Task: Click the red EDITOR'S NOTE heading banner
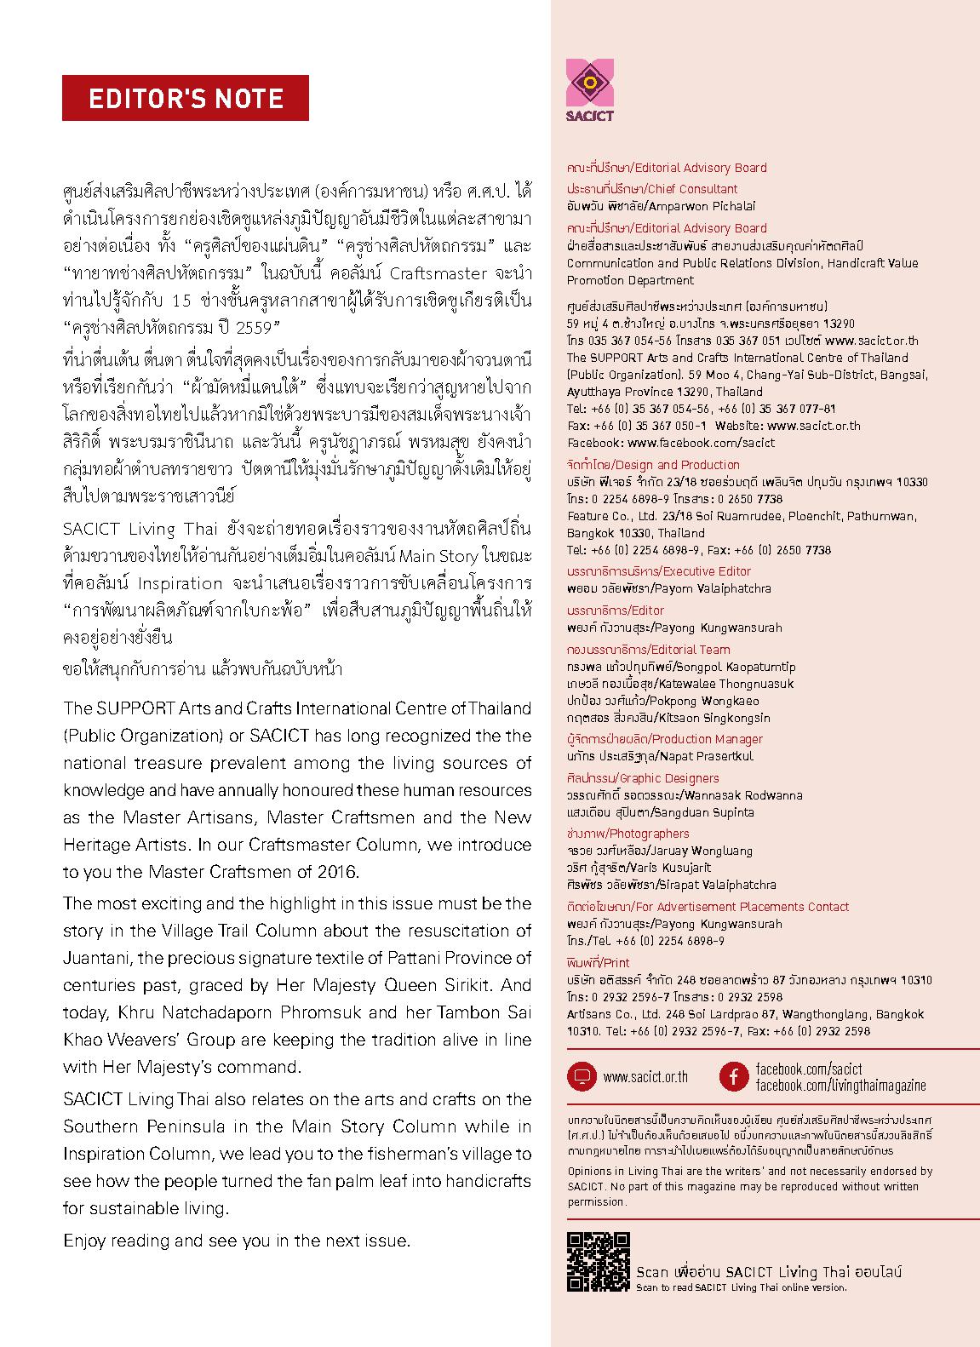pyautogui.click(x=185, y=98)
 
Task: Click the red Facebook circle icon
pyautogui.click(x=733, y=1076)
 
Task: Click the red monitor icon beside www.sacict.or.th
pyautogui.click(x=582, y=1076)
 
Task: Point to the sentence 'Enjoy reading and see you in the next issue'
pyautogui.click(x=237, y=1241)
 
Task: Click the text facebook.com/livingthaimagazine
pyautogui.click(x=840, y=1086)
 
